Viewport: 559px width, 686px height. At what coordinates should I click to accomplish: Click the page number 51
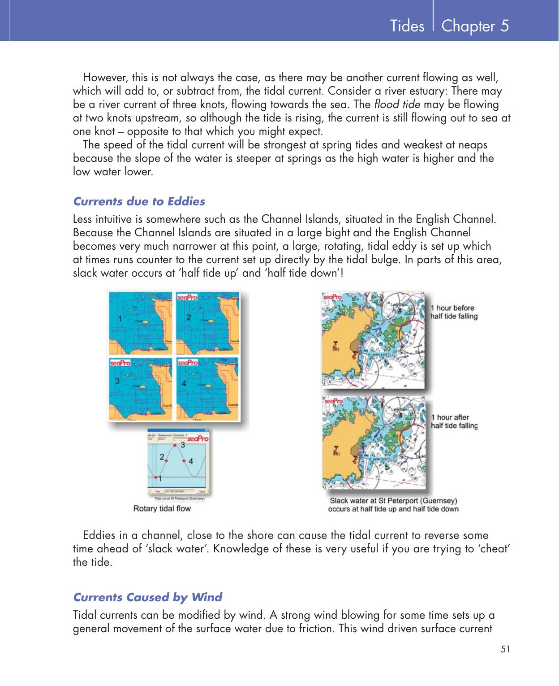[505, 649]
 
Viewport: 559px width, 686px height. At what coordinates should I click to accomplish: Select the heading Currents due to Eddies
[139, 201]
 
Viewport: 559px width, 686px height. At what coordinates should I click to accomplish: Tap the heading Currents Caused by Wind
[147, 597]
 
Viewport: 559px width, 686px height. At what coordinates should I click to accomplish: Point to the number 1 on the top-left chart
[120, 319]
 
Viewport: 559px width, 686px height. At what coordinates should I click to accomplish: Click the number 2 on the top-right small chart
[189, 317]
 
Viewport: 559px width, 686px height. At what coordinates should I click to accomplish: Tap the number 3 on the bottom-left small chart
[117, 382]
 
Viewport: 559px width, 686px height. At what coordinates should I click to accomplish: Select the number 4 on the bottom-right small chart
[184, 384]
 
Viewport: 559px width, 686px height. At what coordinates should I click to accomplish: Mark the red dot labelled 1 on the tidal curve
[156, 478]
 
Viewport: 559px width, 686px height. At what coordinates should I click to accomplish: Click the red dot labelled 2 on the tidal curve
[166, 461]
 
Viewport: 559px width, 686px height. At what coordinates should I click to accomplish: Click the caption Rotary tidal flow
[162, 508]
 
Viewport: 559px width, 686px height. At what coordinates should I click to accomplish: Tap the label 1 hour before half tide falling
[453, 312]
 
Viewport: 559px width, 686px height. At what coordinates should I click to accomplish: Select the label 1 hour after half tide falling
[453, 421]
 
